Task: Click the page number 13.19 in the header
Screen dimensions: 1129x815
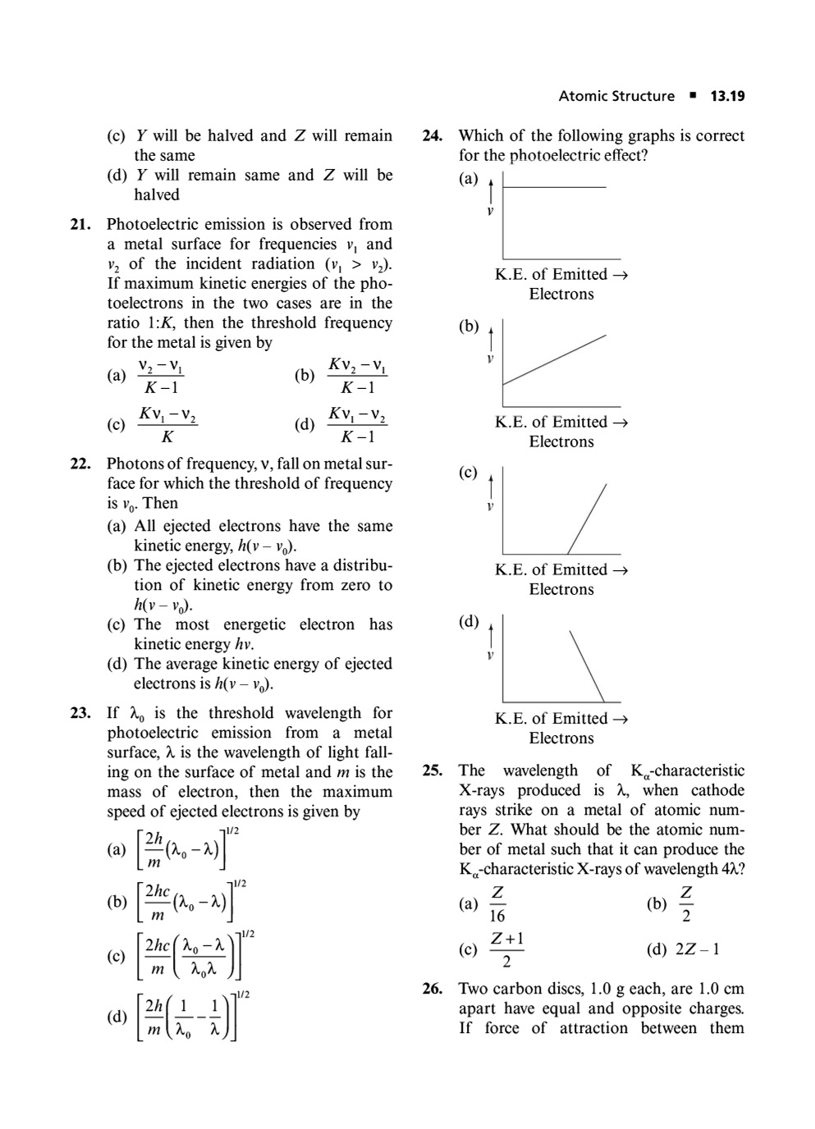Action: pyautogui.click(x=727, y=96)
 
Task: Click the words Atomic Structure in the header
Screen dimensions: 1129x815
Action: pyautogui.click(x=616, y=96)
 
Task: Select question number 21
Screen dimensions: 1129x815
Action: pyautogui.click(x=80, y=224)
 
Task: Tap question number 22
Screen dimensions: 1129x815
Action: pyautogui.click(x=80, y=464)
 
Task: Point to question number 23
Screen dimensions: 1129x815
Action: pyautogui.click(x=80, y=713)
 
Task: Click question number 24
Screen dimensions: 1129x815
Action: pyautogui.click(x=433, y=135)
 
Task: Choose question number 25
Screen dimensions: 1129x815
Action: pyautogui.click(x=433, y=770)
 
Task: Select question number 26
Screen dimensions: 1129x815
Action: pyautogui.click(x=433, y=989)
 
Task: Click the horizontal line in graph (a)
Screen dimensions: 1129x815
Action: pyautogui.click(x=554, y=187)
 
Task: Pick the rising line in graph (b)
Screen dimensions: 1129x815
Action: pyautogui.click(x=554, y=359)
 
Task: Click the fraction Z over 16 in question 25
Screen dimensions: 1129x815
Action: pyautogui.click(x=497, y=904)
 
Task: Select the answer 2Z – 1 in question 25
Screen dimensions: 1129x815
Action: pyautogui.click(x=697, y=949)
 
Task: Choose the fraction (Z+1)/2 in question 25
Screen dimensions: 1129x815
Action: pyautogui.click(x=507, y=949)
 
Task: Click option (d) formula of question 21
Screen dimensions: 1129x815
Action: pyautogui.click(x=357, y=424)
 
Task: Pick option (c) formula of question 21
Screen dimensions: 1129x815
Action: pyautogui.click(x=167, y=424)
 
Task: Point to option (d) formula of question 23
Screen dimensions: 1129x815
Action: pyautogui.click(x=187, y=1017)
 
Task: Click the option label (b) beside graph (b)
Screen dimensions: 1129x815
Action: pyautogui.click(x=469, y=327)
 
